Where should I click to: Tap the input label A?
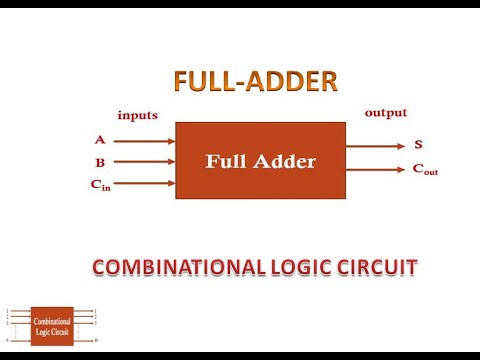tap(100, 140)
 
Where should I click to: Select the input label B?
tap(100, 162)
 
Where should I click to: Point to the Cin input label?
tap(98, 184)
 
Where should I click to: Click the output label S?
tap(418, 145)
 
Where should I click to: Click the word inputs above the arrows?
tap(137, 115)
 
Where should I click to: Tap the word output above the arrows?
tap(385, 112)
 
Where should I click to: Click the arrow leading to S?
tap(376, 145)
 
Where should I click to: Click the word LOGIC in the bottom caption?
tap(299, 267)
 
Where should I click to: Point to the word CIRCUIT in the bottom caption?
tap(376, 267)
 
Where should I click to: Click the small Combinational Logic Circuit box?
tap(52, 326)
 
